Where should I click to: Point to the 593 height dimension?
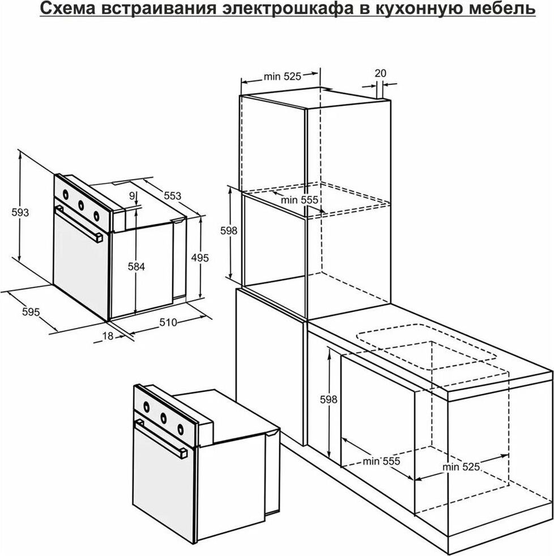pos(20,212)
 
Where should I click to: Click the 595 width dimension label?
pos(31,312)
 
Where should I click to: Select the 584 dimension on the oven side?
pos(136,266)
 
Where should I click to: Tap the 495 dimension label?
pos(200,258)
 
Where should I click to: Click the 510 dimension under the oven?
pos(168,323)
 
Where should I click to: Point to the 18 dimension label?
pos(108,336)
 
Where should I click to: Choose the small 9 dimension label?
pos(132,196)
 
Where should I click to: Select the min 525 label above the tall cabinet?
pos(282,76)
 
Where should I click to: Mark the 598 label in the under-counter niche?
pos(329,399)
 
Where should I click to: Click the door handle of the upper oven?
pos(79,222)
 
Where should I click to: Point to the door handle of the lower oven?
pos(161,438)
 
